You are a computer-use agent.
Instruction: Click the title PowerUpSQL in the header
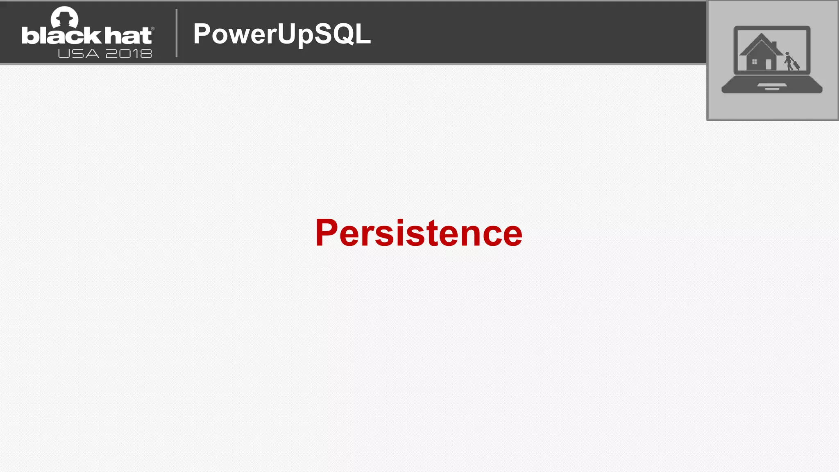(x=282, y=34)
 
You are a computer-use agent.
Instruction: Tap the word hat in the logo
(x=128, y=36)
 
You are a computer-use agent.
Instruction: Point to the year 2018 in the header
(x=129, y=54)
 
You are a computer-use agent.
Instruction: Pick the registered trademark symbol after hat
(x=153, y=29)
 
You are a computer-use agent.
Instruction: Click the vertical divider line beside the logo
(x=177, y=33)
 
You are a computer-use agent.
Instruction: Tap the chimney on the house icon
(x=774, y=44)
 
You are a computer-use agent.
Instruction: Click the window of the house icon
(x=754, y=62)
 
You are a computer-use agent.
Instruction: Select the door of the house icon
(x=768, y=64)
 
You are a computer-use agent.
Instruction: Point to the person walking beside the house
(x=788, y=61)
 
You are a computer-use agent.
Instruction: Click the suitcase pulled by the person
(x=796, y=65)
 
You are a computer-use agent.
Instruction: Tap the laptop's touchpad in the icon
(x=772, y=86)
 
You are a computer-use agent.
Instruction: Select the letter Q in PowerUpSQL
(x=344, y=34)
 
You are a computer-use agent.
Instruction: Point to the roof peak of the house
(x=761, y=35)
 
